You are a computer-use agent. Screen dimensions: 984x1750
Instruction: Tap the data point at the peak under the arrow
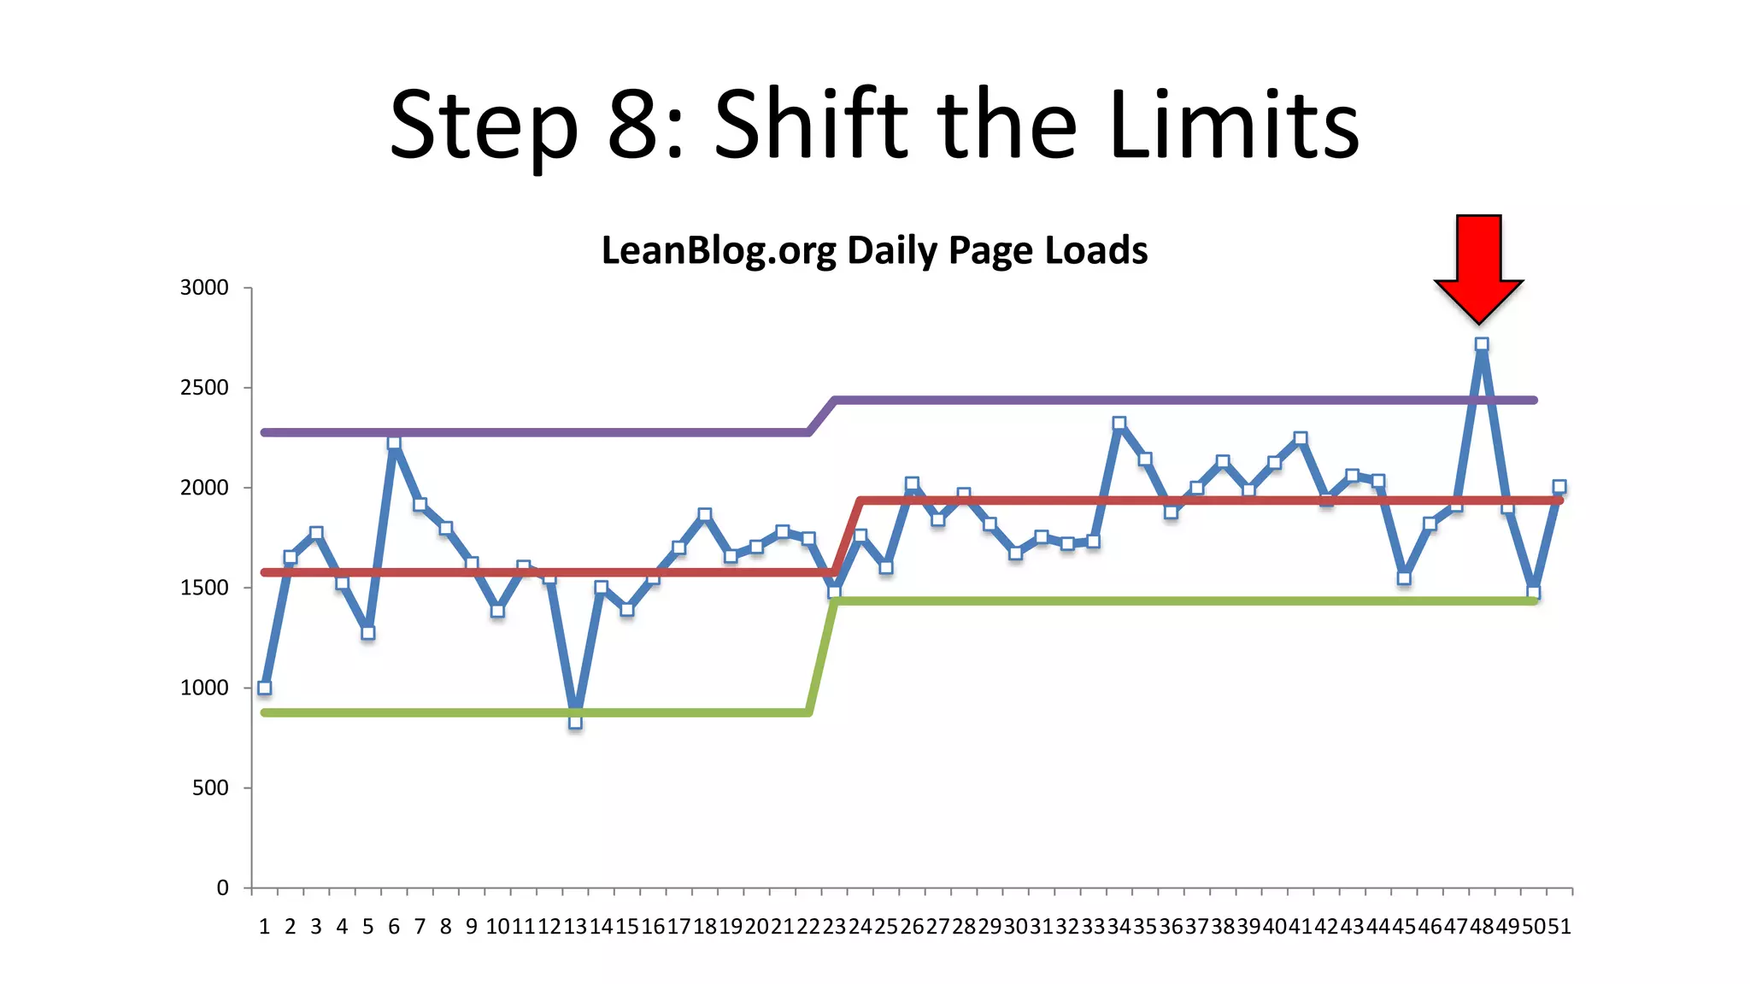1482,345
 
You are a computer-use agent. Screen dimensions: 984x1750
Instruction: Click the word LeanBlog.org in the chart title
719,250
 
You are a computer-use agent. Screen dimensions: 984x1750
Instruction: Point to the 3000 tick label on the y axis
204,288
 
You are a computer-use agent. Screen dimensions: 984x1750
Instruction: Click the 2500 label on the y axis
204,388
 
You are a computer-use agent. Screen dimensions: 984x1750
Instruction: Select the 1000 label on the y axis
204,688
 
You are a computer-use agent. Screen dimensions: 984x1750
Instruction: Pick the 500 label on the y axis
210,788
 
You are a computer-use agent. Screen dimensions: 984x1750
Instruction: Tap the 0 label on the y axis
222,888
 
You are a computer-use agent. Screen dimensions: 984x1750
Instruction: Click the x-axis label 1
264,927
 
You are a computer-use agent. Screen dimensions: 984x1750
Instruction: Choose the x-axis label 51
1559,927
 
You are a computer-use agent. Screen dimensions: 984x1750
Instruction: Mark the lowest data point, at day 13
575,722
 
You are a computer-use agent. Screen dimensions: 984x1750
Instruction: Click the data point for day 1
264,688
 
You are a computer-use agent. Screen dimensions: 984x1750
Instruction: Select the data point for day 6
394,442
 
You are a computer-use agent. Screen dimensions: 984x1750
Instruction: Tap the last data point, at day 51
1559,487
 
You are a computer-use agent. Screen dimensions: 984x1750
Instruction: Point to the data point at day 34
1119,423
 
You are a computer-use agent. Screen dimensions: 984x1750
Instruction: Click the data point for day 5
368,633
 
